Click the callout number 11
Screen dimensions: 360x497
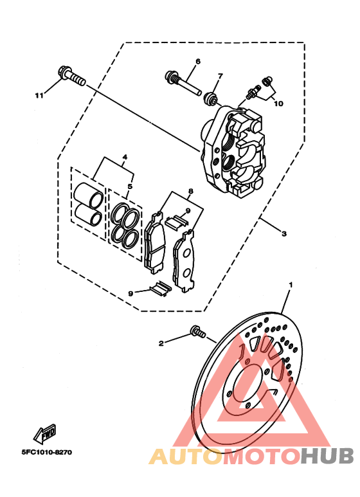[39, 95]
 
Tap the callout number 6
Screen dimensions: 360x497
[198, 61]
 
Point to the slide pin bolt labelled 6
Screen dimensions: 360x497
[183, 84]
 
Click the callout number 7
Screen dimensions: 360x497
[221, 76]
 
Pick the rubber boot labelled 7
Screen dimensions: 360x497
[210, 98]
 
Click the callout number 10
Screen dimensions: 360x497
[278, 104]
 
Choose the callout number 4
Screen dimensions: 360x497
[125, 157]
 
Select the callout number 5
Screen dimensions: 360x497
[130, 186]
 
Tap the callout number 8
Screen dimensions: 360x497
[190, 191]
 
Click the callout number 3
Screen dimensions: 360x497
[284, 233]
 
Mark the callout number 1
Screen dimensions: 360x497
[291, 285]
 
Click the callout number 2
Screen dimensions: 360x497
[161, 343]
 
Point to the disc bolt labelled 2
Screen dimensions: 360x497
[198, 332]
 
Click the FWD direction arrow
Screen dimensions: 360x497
[45, 433]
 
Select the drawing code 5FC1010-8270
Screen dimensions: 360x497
[47, 452]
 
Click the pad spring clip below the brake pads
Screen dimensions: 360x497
[161, 289]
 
